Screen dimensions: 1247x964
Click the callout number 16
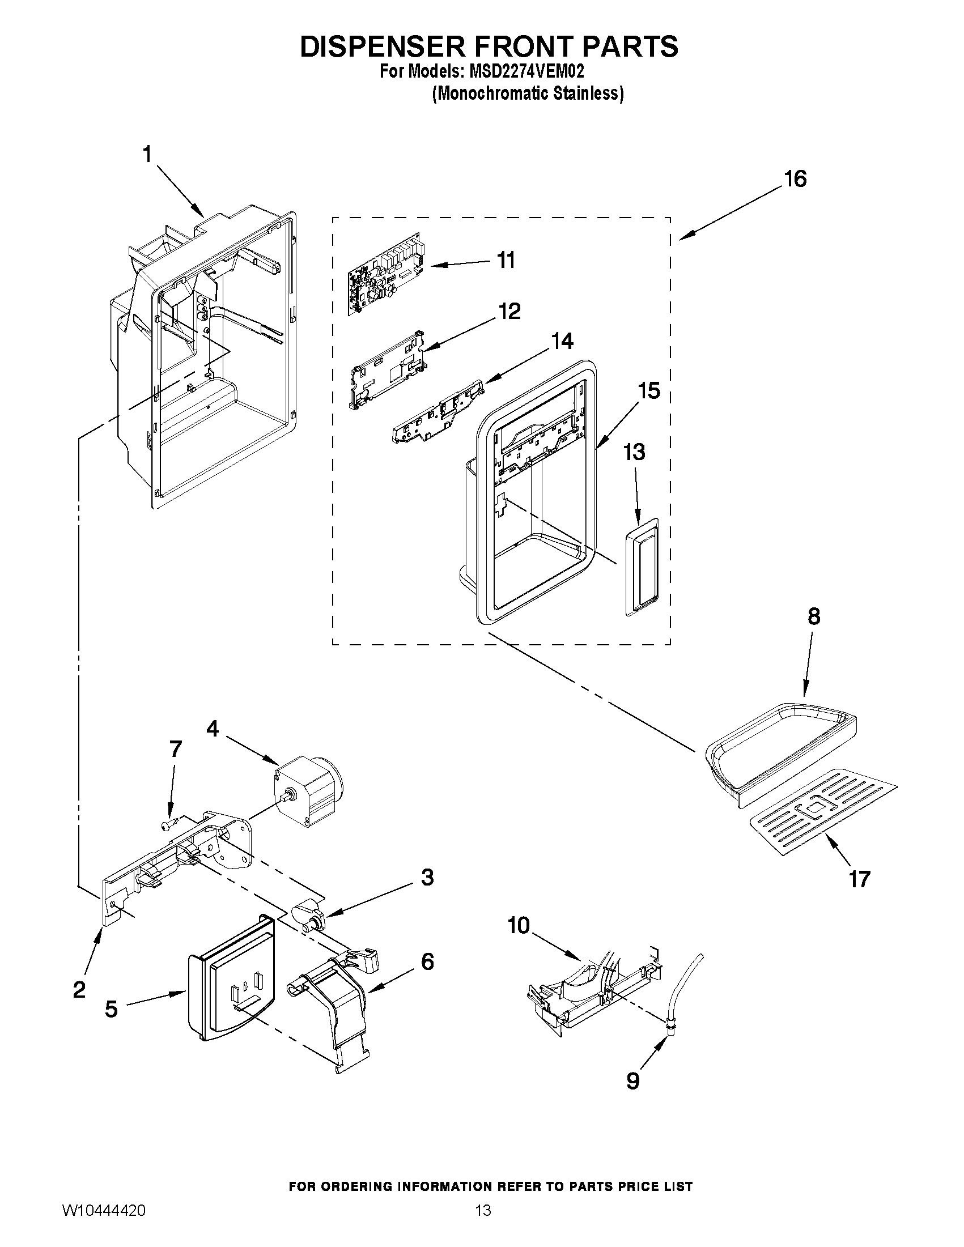click(x=795, y=178)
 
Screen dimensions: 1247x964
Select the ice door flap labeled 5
click(x=231, y=977)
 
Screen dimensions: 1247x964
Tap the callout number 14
click(x=562, y=341)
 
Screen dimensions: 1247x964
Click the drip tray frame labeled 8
click(x=783, y=742)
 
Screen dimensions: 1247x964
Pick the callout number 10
click(x=519, y=926)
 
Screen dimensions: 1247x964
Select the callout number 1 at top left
click(x=147, y=154)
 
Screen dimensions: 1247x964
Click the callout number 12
click(x=509, y=312)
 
